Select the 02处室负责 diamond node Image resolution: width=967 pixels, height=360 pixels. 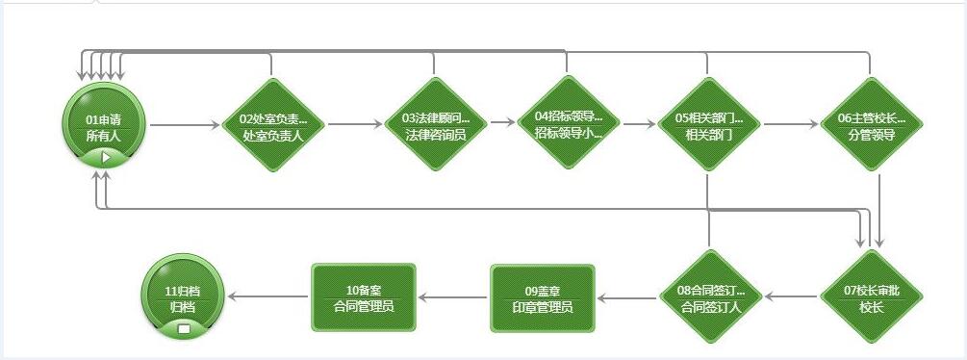[x=272, y=125]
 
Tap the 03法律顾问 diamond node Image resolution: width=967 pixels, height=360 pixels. [x=435, y=125]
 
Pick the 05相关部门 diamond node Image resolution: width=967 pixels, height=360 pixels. [x=708, y=125]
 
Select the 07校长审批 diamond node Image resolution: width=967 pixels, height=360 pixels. [x=870, y=297]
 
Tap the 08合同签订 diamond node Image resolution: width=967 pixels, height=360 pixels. [x=710, y=297]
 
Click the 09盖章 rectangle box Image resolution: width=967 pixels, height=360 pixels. [x=543, y=297]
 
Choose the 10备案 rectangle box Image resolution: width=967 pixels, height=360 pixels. [x=363, y=297]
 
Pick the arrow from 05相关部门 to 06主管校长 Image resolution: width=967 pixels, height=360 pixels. [x=789, y=125]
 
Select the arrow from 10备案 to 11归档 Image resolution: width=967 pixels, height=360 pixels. [x=269, y=297]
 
